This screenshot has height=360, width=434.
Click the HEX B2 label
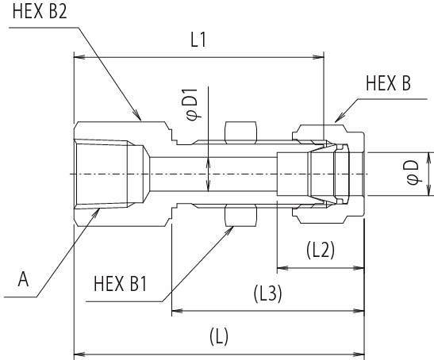40,11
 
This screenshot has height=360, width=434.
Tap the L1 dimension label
198,40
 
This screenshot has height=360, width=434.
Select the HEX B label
388,83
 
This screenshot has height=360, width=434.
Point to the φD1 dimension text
192,105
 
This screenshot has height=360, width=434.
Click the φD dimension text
413,172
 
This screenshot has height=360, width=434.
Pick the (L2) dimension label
321,250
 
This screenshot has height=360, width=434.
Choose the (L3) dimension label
267,293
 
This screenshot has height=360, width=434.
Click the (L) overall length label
219,336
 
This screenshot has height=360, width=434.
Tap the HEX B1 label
120,284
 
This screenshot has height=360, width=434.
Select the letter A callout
23,279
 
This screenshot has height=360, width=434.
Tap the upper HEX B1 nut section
240,132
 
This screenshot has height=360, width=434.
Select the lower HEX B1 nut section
240,216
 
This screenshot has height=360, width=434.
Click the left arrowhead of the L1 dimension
79,57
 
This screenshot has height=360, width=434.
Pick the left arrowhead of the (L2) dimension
283,268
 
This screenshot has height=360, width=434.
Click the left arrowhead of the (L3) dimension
178,312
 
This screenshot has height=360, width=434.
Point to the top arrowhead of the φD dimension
428,158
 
